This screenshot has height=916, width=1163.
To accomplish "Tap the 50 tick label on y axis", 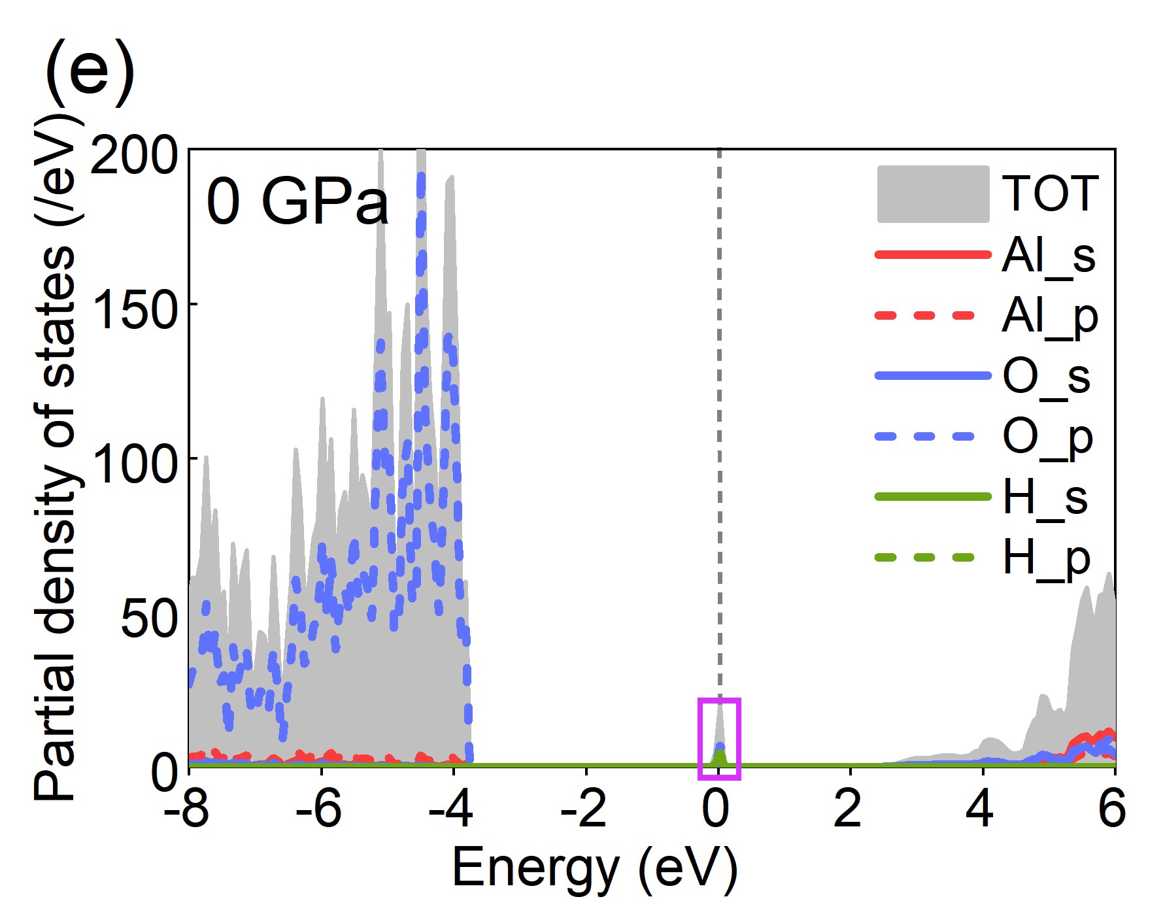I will [x=149, y=618].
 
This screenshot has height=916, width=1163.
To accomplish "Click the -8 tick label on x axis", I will [x=187, y=809].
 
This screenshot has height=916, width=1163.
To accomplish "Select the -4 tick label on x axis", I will [x=451, y=809].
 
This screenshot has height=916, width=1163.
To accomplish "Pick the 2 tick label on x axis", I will [x=848, y=809].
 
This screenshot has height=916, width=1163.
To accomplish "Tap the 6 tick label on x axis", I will [x=1112, y=809].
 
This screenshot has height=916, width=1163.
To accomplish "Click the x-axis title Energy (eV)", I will [x=594, y=868].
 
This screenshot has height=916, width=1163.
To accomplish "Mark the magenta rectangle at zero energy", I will [x=719, y=739].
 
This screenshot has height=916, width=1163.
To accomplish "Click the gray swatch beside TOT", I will [x=933, y=194].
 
